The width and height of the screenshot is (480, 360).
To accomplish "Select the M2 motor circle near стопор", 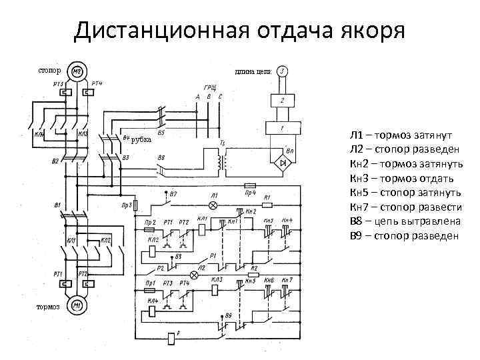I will click(x=77, y=71).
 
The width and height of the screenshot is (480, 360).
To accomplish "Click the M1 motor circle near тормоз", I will click(x=77, y=306).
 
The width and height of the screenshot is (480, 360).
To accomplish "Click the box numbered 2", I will click(x=282, y=99).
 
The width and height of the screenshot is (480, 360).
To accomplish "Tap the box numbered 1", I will click(x=282, y=127).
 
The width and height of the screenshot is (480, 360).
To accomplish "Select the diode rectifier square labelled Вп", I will click(x=283, y=160).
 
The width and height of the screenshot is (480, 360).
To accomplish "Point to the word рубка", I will click(x=141, y=139).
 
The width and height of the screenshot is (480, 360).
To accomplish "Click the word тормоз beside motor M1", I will click(x=49, y=307).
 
